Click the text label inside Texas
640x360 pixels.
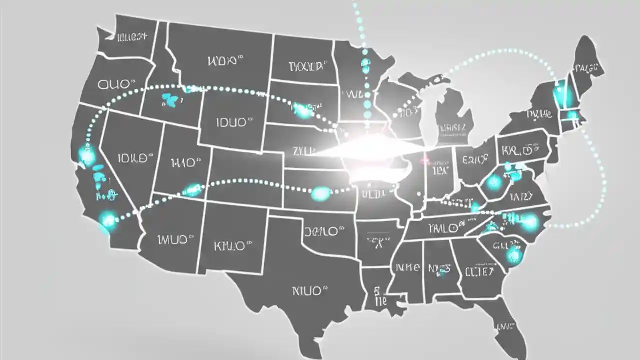click(x=309, y=290)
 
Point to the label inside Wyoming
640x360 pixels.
click(x=231, y=122)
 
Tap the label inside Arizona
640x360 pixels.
click(x=172, y=240)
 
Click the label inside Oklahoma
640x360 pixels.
click(x=324, y=231)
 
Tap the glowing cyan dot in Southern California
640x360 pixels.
click(x=108, y=219)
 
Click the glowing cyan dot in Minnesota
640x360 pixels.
click(x=366, y=63)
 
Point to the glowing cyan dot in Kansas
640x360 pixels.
click(x=321, y=193)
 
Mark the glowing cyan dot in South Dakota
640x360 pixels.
click(x=303, y=110)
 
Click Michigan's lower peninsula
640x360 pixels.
click(x=452, y=120)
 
